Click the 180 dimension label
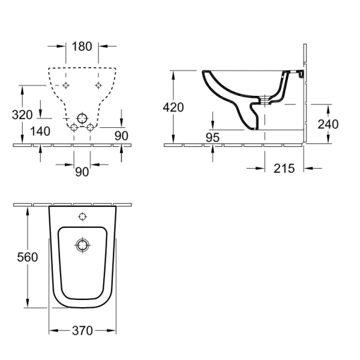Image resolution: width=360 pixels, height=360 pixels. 82,46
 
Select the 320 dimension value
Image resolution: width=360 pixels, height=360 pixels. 22,115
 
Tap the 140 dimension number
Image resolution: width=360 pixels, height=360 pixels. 40,131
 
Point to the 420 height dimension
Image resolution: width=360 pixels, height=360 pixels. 173,107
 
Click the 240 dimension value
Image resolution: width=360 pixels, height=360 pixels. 328,124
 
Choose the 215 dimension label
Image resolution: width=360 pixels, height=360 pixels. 284,169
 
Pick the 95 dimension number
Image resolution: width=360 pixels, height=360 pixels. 212,137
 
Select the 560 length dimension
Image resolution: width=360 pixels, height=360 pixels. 28,257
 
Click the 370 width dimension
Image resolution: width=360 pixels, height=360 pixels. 82,331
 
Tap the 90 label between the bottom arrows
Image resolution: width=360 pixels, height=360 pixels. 82,172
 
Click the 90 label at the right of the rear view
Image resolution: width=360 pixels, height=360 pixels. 121,136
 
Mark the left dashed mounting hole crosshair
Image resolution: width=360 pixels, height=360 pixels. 66,85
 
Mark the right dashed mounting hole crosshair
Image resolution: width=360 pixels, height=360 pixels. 98,85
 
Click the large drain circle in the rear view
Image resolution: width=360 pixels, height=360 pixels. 82,118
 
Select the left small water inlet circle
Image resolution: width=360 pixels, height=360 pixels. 74,127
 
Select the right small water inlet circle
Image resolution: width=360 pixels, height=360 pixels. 90,127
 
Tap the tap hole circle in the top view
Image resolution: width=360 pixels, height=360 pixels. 82,217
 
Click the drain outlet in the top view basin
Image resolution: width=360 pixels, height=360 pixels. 82,245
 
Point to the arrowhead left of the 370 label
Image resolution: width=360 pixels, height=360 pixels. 53,331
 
